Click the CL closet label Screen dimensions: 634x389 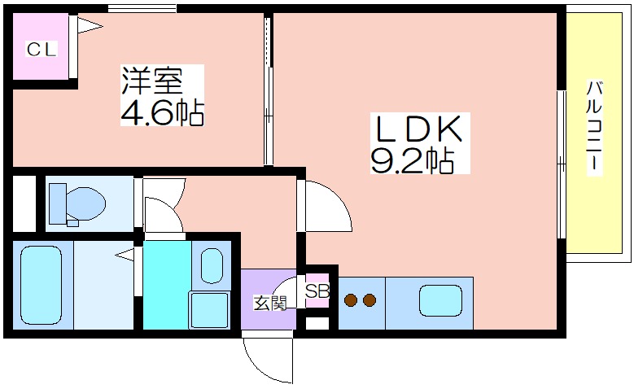click(42, 50)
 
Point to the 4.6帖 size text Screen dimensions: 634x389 click(162, 111)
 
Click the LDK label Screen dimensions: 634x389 click(419, 129)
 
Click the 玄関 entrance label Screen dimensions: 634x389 click(269, 303)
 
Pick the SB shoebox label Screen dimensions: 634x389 click(317, 291)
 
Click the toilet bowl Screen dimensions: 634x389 click(85, 203)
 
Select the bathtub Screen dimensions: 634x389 click(42, 285)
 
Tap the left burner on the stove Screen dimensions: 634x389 click(351, 300)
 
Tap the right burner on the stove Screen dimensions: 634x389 click(369, 300)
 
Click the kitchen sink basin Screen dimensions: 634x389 click(441, 301)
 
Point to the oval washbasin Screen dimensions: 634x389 click(212, 265)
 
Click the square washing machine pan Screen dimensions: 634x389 click(210, 310)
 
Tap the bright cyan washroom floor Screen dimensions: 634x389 click(167, 285)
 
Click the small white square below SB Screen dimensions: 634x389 click(317, 324)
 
